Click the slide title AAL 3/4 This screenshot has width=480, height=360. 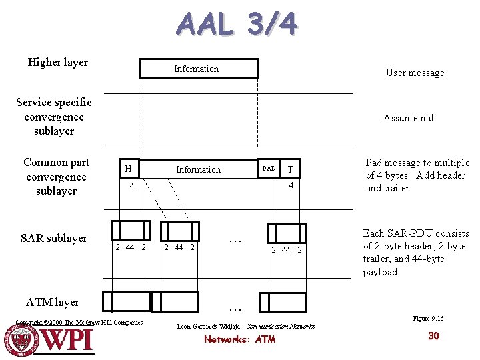point(237,25)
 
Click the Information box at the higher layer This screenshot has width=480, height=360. point(198,69)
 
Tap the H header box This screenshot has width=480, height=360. point(127,169)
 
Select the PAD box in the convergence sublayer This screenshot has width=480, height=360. point(269,169)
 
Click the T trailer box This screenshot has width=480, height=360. point(290,169)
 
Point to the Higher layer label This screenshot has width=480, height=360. point(58,63)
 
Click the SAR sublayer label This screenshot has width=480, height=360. point(54,238)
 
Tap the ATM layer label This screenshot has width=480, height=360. point(53,302)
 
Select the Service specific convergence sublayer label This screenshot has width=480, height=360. point(54,117)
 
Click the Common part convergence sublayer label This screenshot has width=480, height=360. point(56,177)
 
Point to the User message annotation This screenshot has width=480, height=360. point(415,73)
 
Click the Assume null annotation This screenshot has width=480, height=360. point(409,118)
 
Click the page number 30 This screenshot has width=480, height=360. point(433,335)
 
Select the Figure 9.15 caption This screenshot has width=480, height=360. point(428,319)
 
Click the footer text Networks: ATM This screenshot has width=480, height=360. point(239,339)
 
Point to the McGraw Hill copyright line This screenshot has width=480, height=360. point(79,323)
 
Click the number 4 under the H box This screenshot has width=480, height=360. point(132,186)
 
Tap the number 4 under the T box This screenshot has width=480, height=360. point(291,186)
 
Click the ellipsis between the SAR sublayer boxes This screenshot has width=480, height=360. point(234,240)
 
